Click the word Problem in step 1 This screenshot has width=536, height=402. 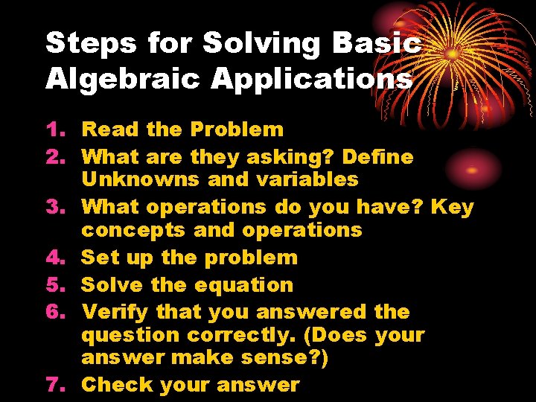pos(236,130)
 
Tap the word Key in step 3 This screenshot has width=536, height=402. pos(452,207)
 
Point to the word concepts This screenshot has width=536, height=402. pos(134,230)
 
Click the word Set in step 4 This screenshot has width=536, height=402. pos(100,258)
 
